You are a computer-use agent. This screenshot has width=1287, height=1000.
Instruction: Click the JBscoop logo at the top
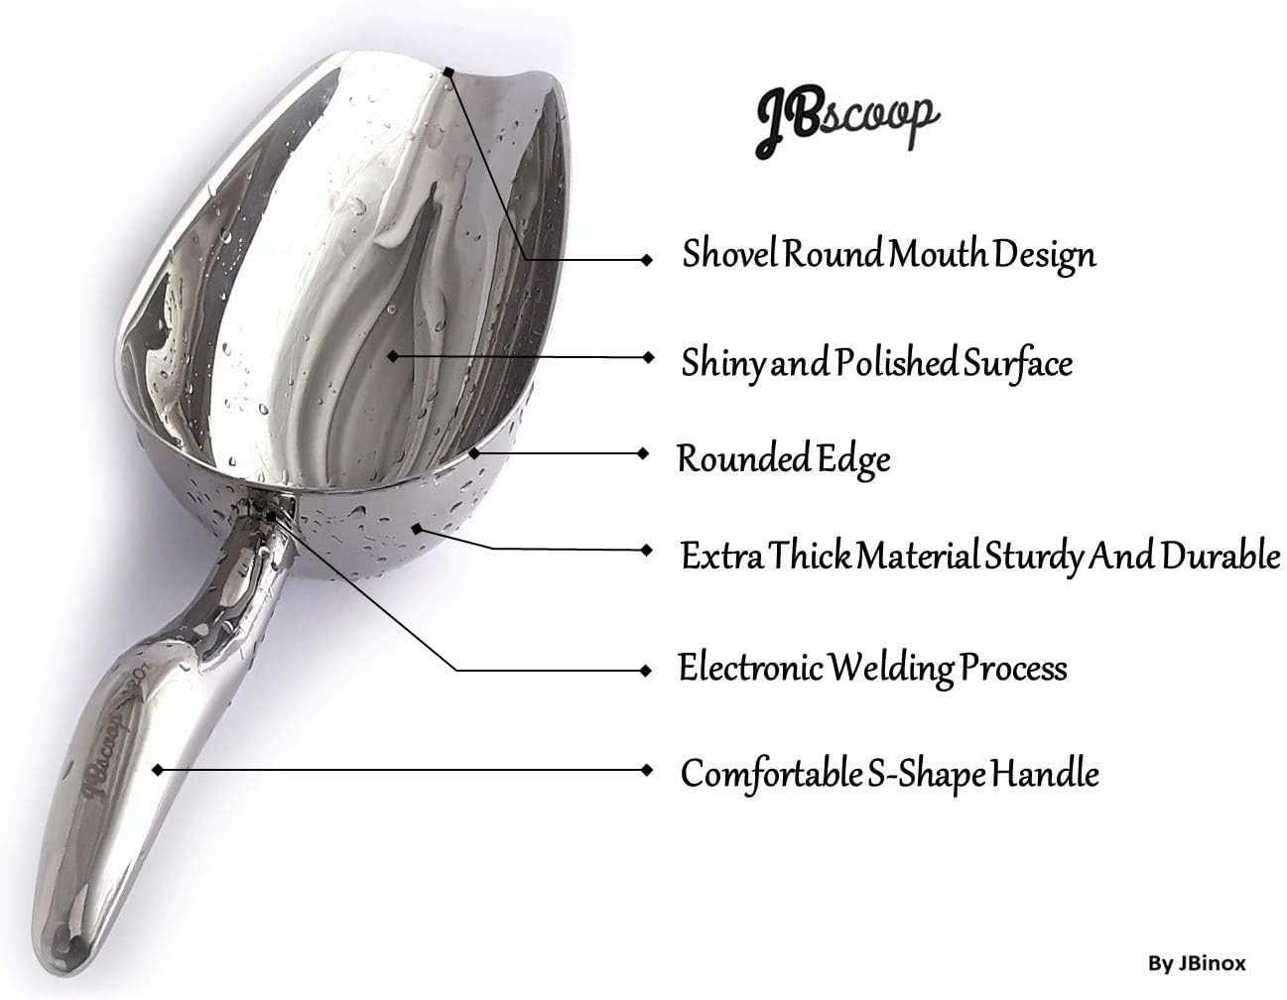pyautogui.click(x=847, y=121)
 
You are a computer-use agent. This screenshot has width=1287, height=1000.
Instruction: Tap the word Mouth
pyautogui.click(x=938, y=255)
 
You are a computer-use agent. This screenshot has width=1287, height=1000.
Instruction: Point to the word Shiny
pyautogui.click(x=723, y=364)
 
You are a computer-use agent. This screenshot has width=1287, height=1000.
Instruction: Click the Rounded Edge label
pyautogui.click(x=784, y=460)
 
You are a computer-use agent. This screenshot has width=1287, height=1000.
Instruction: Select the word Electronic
pyautogui.click(x=750, y=668)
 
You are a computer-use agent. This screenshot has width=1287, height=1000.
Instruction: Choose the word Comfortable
pyautogui.click(x=771, y=774)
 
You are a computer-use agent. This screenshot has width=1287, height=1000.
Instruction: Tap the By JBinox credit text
pyautogui.click(x=1197, y=964)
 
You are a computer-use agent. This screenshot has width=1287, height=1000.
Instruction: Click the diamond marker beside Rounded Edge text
pyautogui.click(x=644, y=453)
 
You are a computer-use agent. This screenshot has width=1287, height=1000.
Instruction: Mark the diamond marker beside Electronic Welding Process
pyautogui.click(x=646, y=671)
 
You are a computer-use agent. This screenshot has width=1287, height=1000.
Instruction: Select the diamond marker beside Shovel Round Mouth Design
pyautogui.click(x=647, y=259)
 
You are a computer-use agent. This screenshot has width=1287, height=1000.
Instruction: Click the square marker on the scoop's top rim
pyautogui.click(x=449, y=72)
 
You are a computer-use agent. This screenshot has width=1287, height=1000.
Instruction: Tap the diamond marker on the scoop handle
pyautogui.click(x=158, y=770)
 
